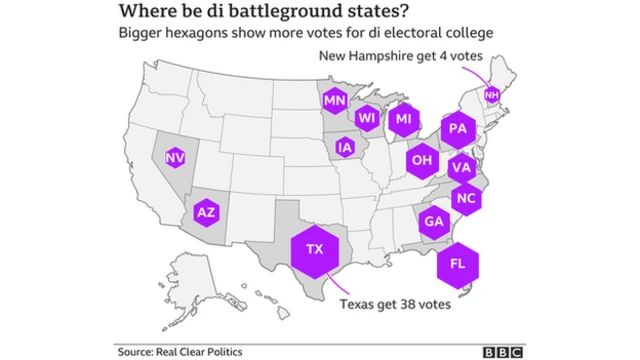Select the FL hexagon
tap(457, 263)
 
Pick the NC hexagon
tap(465, 197)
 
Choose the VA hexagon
tap(460, 167)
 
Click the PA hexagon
tap(457, 129)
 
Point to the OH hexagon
tap(421, 159)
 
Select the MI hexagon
tap(403, 120)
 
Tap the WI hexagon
tap(367, 119)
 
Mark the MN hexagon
tap(334, 100)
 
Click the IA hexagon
tap(345, 147)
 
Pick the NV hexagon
tap(175, 157)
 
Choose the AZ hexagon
tap(205, 212)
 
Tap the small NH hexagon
tap(491, 95)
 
